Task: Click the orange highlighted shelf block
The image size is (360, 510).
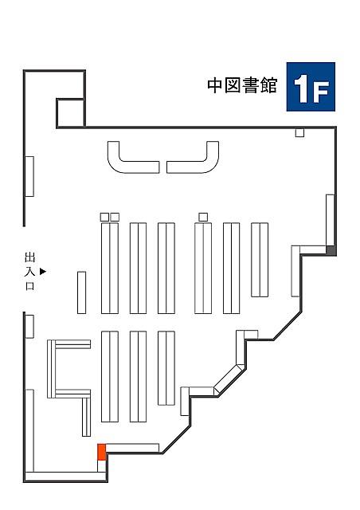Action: [102, 452]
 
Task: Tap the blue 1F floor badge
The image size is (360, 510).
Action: [311, 87]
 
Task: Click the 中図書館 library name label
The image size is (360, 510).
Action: [242, 85]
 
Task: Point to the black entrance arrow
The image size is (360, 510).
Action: [43, 271]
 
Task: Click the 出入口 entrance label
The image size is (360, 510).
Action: [30, 271]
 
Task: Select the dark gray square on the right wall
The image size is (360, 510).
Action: [331, 250]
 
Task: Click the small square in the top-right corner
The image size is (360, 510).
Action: [299, 133]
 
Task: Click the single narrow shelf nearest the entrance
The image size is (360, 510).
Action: [81, 292]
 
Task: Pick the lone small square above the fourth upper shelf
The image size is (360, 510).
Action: [203, 217]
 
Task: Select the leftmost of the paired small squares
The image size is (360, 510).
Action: [104, 217]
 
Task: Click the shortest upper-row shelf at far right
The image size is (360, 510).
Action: [260, 260]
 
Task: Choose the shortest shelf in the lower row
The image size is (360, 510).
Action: [166, 368]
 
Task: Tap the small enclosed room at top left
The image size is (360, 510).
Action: [71, 112]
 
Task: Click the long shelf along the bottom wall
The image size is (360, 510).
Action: [65, 477]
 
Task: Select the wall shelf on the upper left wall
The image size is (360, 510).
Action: [29, 176]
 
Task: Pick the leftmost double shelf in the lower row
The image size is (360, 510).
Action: [110, 376]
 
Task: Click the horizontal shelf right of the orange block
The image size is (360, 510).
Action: [132, 448]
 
